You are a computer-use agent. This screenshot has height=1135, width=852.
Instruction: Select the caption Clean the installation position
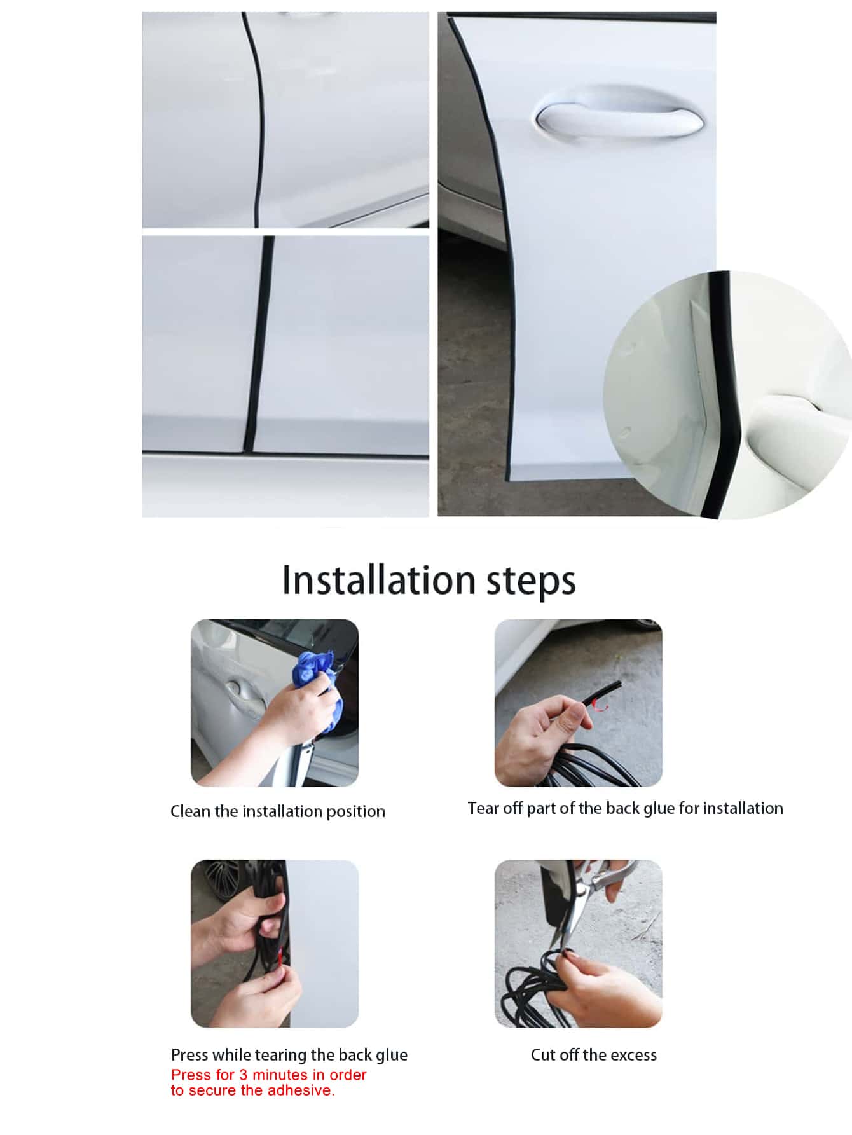[278, 811]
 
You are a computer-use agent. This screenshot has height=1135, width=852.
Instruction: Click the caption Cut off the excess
[594, 1055]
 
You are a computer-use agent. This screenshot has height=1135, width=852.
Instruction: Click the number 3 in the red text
[244, 1075]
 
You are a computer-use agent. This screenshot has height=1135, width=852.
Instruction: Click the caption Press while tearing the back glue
[289, 1055]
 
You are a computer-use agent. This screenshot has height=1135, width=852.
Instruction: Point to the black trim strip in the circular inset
[725, 394]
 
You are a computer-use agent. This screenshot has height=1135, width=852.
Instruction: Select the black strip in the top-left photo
[258, 121]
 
